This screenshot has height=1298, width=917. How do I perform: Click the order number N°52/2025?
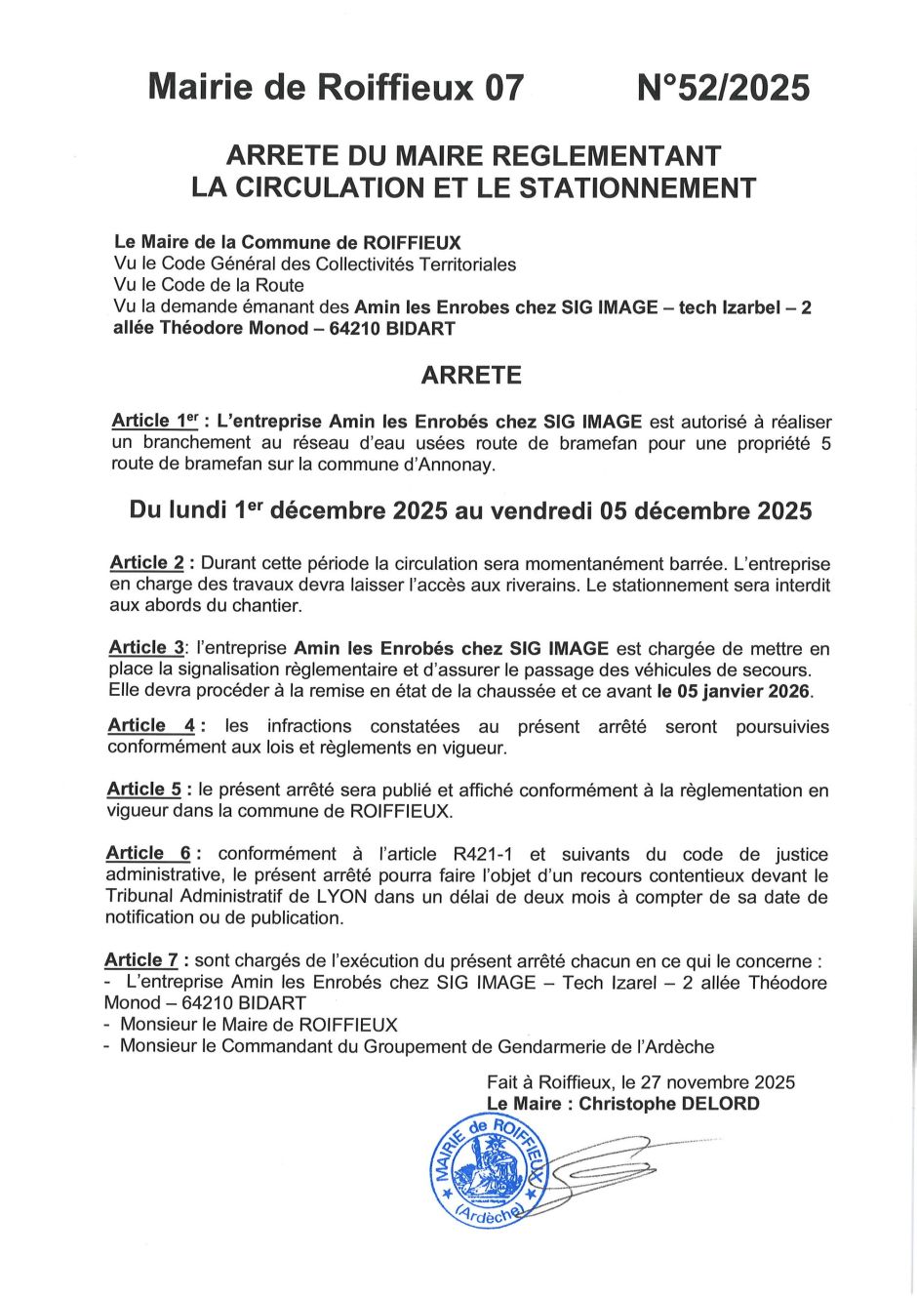coord(723,89)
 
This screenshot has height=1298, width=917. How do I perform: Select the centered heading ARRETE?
coord(471,376)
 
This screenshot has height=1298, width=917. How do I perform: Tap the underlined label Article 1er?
coord(155,422)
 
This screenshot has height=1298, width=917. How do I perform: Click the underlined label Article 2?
coord(147,563)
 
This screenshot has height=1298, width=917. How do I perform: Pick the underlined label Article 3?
coord(146,648)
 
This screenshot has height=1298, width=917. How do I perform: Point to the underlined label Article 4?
coord(151,726)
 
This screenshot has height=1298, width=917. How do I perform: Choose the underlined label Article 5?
coord(144,790)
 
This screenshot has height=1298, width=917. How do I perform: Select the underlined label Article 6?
coord(148,854)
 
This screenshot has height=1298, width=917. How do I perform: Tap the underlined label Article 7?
coord(141,960)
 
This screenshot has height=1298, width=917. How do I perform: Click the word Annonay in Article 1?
coord(458,465)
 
